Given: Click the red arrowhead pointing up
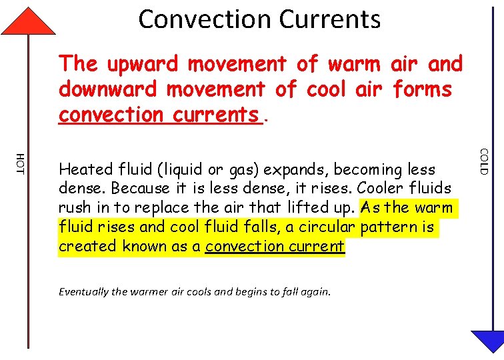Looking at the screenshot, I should tap(28, 22).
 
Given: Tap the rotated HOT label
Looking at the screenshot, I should tap(20, 163).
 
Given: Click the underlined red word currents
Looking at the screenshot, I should tap(215, 115).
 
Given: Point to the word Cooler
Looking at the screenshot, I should tap(383, 189).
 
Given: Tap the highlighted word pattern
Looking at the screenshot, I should tap(391, 227).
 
